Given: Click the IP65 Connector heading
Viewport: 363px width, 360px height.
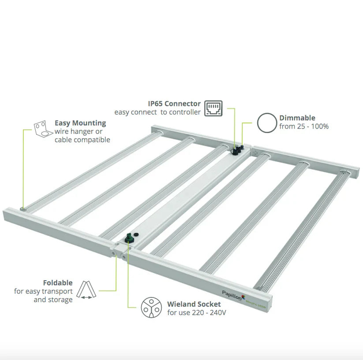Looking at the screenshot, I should (174, 104).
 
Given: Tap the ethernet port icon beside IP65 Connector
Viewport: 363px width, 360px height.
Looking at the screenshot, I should (213, 108).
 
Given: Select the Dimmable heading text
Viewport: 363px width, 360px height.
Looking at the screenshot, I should (297, 118).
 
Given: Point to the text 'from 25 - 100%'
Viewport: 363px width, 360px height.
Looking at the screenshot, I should (303, 126).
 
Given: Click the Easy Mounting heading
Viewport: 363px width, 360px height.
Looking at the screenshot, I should (80, 123).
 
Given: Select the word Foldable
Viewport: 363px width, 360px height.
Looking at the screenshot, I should (58, 282).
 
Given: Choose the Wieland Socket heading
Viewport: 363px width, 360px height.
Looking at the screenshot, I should (194, 304).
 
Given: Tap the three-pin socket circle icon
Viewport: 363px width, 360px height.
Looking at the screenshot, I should (151, 308).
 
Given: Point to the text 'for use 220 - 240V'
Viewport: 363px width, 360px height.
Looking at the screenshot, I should (197, 313).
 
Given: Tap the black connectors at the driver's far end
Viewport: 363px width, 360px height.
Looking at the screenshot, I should (237, 150).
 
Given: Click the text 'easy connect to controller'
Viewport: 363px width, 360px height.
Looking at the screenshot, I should (157, 112).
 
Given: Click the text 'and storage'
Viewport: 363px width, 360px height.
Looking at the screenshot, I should (53, 300).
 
